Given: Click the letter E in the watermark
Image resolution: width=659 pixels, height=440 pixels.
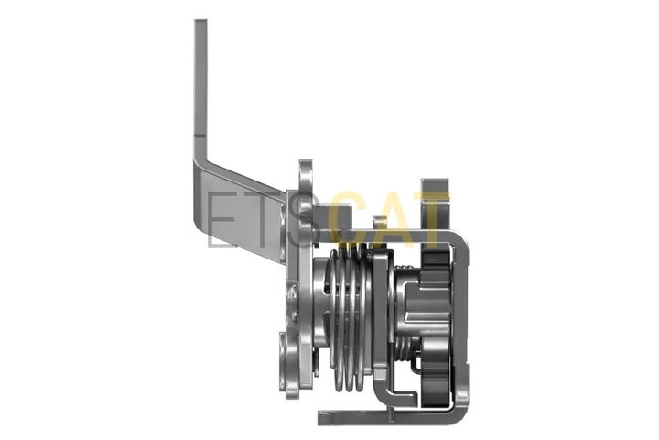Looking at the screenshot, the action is click(221, 220).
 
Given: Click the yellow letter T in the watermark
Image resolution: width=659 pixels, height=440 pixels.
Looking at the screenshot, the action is click(430, 220).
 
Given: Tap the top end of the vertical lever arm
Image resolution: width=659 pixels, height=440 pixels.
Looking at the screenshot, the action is click(200, 20).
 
